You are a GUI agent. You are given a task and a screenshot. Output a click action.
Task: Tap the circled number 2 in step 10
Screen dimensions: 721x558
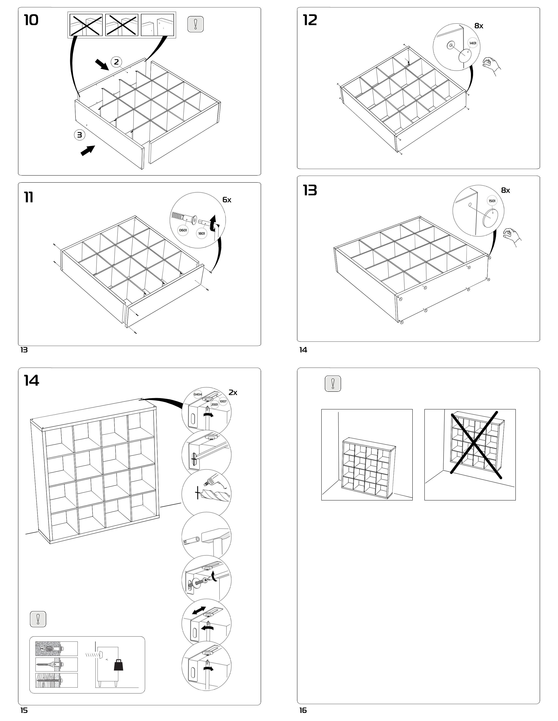pyautogui.click(x=116, y=62)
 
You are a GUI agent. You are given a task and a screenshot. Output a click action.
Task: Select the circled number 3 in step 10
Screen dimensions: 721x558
pyautogui.click(x=79, y=135)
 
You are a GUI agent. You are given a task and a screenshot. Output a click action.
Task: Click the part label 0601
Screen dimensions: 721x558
pyautogui.click(x=183, y=230)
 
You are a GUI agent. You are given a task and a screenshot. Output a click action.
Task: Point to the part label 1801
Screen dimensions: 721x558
pyautogui.click(x=201, y=233)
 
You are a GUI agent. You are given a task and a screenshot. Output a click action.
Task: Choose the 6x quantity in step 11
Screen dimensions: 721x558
pyautogui.click(x=227, y=200)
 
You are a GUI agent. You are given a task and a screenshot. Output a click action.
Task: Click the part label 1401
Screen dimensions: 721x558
pyautogui.click(x=473, y=43)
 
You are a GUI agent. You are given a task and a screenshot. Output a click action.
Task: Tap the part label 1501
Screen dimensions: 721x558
pyautogui.click(x=492, y=201)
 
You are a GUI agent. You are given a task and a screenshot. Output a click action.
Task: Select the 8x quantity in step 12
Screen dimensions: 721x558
pyautogui.click(x=479, y=26)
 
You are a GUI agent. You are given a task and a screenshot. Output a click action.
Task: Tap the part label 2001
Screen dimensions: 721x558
pyautogui.click(x=214, y=404)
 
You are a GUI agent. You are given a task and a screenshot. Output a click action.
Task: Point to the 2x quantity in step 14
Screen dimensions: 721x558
pyautogui.click(x=233, y=393)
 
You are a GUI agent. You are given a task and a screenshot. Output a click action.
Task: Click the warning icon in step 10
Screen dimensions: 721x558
pyautogui.click(x=195, y=24)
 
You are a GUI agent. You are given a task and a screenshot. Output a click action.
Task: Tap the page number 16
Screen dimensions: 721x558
pyautogui.click(x=303, y=710)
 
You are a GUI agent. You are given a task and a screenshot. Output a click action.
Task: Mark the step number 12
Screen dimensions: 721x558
pyautogui.click(x=310, y=21)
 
